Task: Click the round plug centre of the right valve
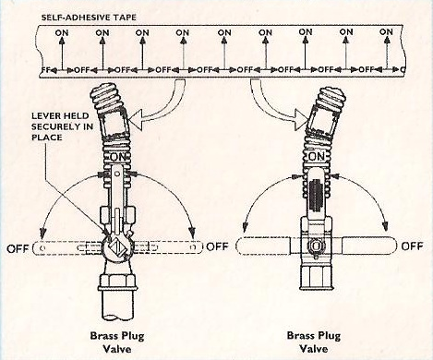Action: pos(317,246)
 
